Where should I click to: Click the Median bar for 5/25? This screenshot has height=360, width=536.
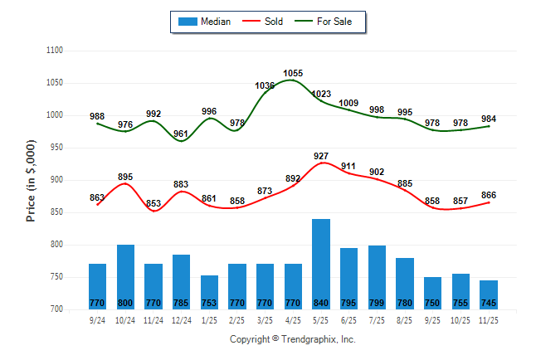pyautogui.click(x=321, y=264)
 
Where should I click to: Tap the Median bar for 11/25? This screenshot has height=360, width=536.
pyautogui.click(x=489, y=294)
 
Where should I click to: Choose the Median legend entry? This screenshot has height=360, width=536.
pyautogui.click(x=207, y=22)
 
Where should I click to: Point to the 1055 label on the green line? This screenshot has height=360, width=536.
pyautogui.click(x=293, y=73)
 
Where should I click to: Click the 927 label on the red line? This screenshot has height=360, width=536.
pyautogui.click(x=321, y=155)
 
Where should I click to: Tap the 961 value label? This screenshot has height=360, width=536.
pyautogui.click(x=181, y=134)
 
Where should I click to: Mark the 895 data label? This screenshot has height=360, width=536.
pyautogui.click(x=125, y=177)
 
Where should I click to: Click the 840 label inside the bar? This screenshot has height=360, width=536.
pyautogui.click(x=321, y=303)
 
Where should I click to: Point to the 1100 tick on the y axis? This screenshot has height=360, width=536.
pyautogui.click(x=56, y=51)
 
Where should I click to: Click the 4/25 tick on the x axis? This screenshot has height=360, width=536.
pyautogui.click(x=293, y=318)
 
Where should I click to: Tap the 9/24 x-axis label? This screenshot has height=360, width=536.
pyautogui.click(x=97, y=318)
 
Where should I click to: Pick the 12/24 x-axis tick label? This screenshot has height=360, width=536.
pyautogui.click(x=181, y=318)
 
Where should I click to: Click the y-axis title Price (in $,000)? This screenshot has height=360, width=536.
pyautogui.click(x=31, y=180)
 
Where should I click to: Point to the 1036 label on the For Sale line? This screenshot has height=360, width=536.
pyautogui.click(x=266, y=85)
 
